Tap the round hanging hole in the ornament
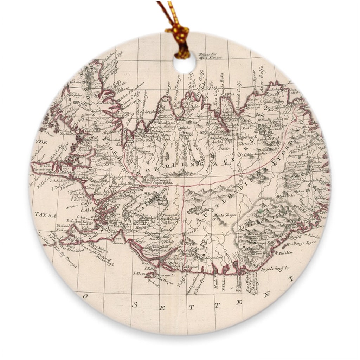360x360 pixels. click(184, 63)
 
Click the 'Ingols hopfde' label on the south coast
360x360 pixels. click(275, 268)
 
